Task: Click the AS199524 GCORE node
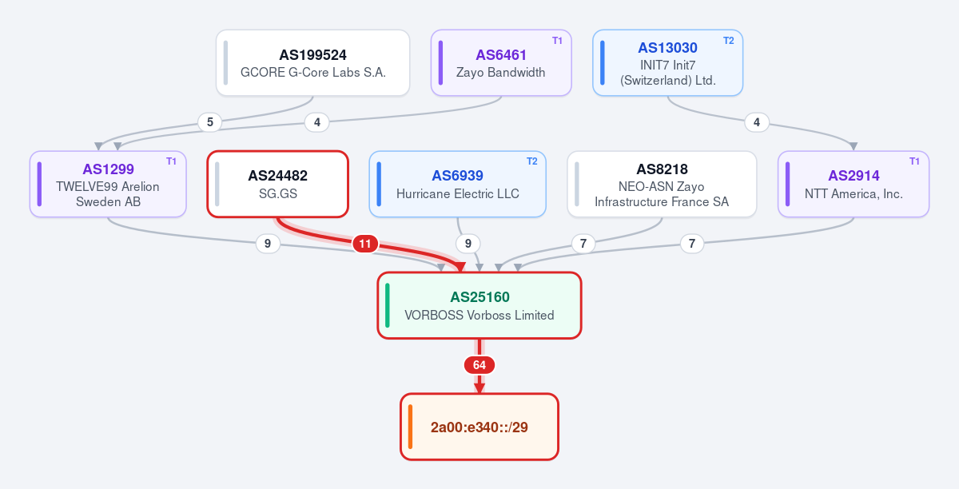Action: tap(312, 63)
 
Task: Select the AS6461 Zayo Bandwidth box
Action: tap(501, 63)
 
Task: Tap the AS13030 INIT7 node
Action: tap(667, 63)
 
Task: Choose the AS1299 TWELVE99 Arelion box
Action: tap(108, 184)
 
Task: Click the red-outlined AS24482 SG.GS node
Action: tap(278, 184)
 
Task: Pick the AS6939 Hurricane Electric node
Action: tap(457, 184)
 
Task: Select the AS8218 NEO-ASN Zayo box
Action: tap(662, 184)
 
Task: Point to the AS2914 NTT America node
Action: tap(854, 184)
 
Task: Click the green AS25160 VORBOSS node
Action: tap(479, 305)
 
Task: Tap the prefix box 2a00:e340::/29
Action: tap(479, 427)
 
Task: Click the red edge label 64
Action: tap(479, 365)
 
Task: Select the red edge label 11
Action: tap(364, 244)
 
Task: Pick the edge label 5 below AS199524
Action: tap(209, 122)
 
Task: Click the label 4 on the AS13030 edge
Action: tap(757, 122)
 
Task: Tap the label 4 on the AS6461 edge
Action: tap(316, 122)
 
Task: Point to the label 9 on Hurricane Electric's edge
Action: tap(468, 244)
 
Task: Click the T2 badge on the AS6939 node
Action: tap(531, 161)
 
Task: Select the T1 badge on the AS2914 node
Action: tap(914, 161)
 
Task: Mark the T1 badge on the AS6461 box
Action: tap(557, 41)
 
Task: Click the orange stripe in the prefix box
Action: tap(410, 427)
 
